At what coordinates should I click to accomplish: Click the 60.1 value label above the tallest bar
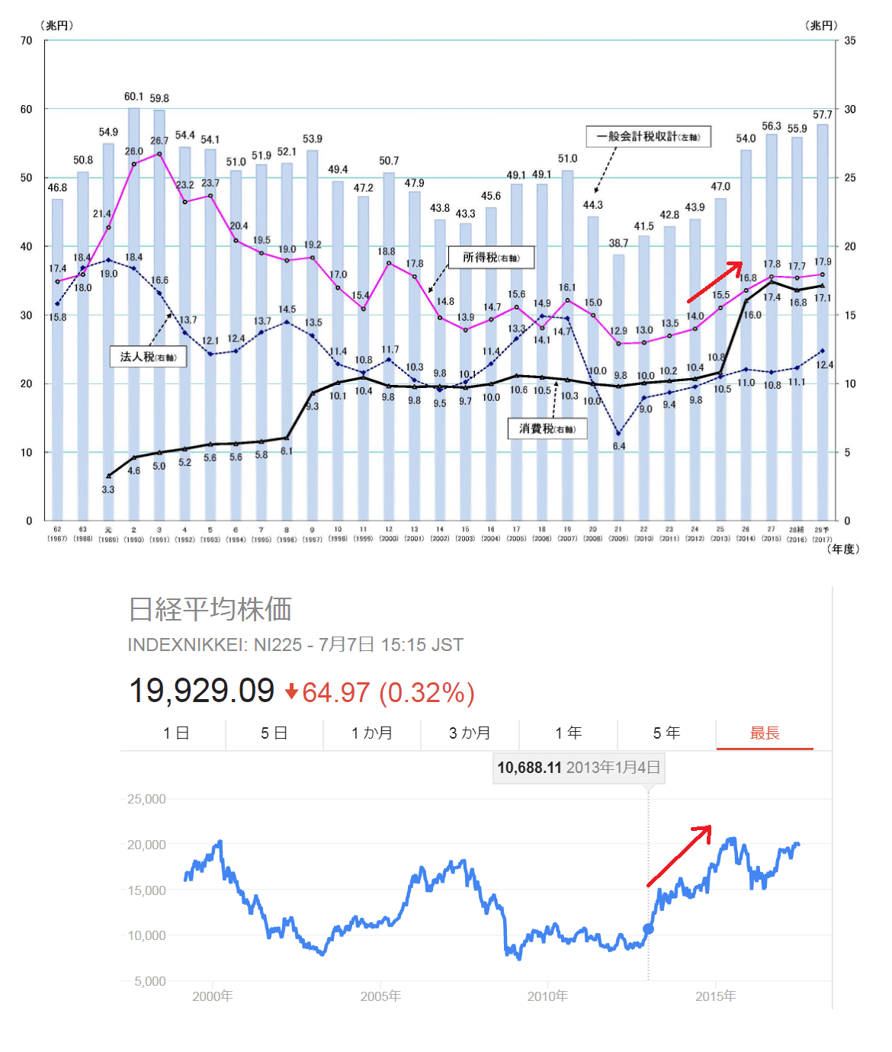(133, 97)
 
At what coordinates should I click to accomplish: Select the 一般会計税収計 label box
(648, 136)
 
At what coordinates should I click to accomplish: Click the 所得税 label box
(491, 258)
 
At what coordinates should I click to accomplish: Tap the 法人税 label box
(148, 356)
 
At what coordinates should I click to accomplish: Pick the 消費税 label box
(547, 428)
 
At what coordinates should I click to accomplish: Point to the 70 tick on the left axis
(27, 40)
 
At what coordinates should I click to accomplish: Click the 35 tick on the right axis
(850, 40)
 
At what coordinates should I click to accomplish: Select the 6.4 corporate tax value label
(619, 446)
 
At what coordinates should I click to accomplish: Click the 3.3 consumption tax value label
(107, 489)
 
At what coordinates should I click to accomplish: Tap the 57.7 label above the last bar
(822, 114)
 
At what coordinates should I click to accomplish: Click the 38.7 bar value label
(618, 243)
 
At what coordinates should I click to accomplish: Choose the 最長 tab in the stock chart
(765, 733)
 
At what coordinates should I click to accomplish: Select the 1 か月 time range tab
(372, 733)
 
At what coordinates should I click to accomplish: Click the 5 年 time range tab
(666, 733)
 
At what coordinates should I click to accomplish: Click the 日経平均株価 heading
(210, 609)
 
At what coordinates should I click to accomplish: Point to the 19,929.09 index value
(201, 691)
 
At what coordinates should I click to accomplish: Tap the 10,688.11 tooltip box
(579, 768)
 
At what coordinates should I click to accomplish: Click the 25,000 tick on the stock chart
(146, 799)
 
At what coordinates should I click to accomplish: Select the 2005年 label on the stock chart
(380, 996)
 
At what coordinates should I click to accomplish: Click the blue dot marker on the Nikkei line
(649, 929)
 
